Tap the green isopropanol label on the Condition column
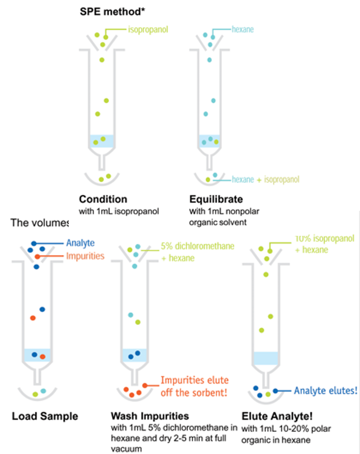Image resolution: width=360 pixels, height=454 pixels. pyautogui.click(x=148, y=29)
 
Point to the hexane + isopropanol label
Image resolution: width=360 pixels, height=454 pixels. pyautogui.click(x=266, y=179)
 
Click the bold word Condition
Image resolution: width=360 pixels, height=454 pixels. pyautogui.click(x=103, y=199)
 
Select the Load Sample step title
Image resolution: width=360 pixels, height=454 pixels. pyautogui.click(x=45, y=417)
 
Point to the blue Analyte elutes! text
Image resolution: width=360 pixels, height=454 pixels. pyautogui.click(x=325, y=391)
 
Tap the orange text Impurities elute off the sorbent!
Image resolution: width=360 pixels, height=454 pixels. pyautogui.click(x=195, y=386)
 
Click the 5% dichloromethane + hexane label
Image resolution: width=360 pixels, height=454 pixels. pyautogui.click(x=197, y=252)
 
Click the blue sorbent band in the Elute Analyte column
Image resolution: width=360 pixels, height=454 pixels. pyautogui.click(x=266, y=358)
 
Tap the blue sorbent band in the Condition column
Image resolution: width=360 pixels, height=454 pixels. pyautogui.click(x=102, y=141)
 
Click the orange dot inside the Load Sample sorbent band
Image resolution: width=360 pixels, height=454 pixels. pyautogui.click(x=43, y=356)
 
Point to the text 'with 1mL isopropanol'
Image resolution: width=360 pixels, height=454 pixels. pyautogui.click(x=119, y=212)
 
